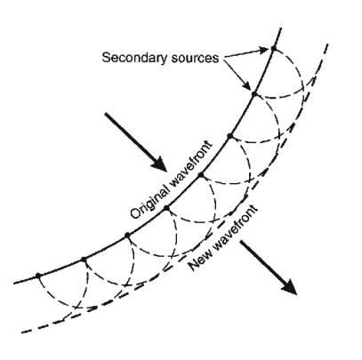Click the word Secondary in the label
(134, 58)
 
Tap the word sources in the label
(195, 58)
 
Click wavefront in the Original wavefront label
(191, 161)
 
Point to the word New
(199, 260)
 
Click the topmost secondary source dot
(273, 48)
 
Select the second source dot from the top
(253, 93)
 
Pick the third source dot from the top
(229, 136)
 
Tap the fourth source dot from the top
(201, 175)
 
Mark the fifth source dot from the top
(166, 208)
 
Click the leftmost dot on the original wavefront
(37, 276)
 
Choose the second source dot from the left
(84, 260)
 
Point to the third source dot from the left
(127, 236)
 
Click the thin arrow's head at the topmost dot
(264, 50)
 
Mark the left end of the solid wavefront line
(14, 284)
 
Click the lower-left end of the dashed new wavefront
(22, 332)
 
